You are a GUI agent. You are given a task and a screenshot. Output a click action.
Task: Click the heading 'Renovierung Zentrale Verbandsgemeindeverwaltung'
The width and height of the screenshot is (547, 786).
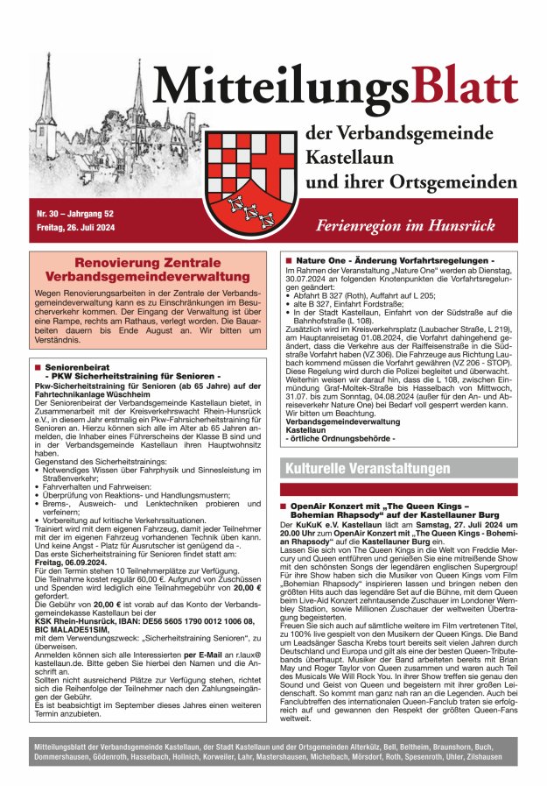[x=146, y=269]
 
